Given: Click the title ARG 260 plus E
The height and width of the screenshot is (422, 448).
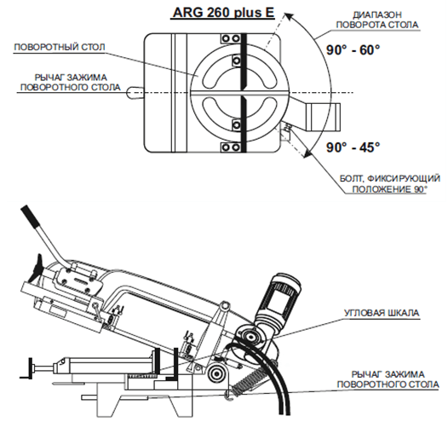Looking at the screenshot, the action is tap(223, 13).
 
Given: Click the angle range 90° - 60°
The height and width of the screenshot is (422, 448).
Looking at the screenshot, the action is tap(353, 50).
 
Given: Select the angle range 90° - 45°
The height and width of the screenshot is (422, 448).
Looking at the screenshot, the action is tap(353, 147).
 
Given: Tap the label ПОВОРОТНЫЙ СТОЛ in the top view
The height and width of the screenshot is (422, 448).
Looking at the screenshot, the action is tap(60, 47).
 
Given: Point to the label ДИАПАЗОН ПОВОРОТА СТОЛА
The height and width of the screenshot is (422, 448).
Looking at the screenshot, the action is tap(377, 20).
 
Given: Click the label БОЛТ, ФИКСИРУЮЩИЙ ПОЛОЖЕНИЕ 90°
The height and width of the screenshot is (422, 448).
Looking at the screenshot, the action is tap(389, 184).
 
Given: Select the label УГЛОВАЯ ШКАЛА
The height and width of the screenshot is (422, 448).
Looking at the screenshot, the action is tap(382, 313).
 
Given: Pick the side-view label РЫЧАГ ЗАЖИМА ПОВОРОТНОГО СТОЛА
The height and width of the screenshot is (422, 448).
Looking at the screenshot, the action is tap(388, 379).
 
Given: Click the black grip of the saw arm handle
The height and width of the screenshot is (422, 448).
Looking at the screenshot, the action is tap(30, 216).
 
